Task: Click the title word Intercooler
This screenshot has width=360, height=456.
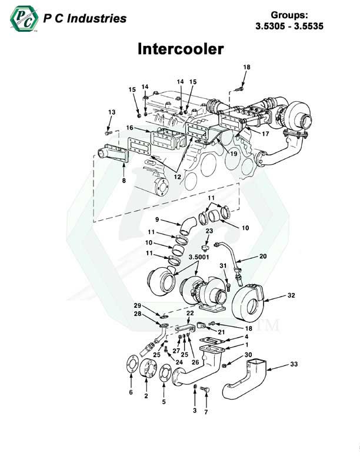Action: pyautogui.click(x=180, y=48)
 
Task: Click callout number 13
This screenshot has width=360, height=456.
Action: pyautogui.click(x=111, y=112)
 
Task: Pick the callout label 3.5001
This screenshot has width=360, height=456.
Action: pyautogui.click(x=196, y=257)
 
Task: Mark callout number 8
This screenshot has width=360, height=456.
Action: pyautogui.click(x=124, y=181)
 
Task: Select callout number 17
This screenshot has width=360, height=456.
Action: pyautogui.click(x=266, y=134)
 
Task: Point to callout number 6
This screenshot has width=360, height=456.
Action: pyautogui.click(x=131, y=392)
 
